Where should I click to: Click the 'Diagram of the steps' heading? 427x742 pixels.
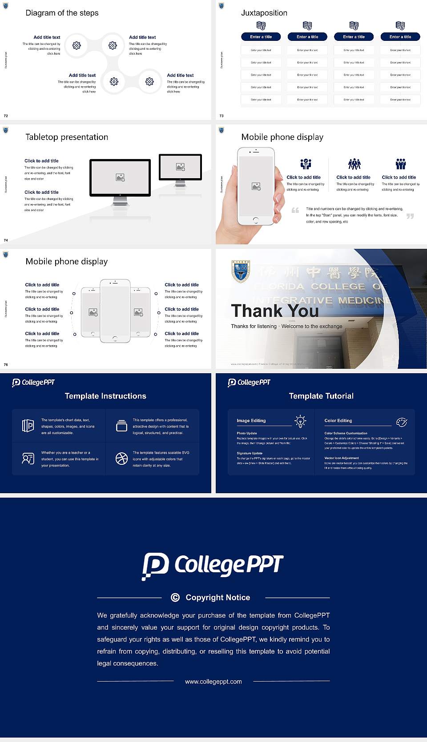[x=62, y=13]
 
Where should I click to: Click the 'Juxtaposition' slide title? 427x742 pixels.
[x=264, y=13]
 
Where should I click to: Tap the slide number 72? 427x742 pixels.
[x=6, y=116]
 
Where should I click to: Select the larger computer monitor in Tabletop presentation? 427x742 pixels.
[x=120, y=178]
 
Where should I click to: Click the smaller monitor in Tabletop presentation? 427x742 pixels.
[x=180, y=167]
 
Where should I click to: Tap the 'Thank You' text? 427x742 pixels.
[x=274, y=311]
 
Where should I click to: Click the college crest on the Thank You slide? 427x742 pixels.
[x=241, y=271]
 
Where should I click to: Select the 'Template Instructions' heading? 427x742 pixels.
[x=105, y=396]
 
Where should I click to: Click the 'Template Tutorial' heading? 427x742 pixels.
[x=321, y=396]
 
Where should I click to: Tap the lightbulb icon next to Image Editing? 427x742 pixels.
[x=300, y=421]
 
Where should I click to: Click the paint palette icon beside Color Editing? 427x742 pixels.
[x=402, y=422]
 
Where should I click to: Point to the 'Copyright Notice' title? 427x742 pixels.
[x=218, y=598]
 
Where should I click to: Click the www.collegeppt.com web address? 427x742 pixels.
[x=213, y=682]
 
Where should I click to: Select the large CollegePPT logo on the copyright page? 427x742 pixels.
[x=213, y=566]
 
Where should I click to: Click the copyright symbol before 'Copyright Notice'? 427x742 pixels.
[x=175, y=598]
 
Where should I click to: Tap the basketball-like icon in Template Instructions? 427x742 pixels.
[x=121, y=459]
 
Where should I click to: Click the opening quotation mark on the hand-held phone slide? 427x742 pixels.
[x=295, y=210]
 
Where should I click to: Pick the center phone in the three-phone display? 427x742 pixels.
[x=115, y=311]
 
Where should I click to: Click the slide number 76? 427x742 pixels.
[x=6, y=364]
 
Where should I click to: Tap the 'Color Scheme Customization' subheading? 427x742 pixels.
[x=346, y=433]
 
